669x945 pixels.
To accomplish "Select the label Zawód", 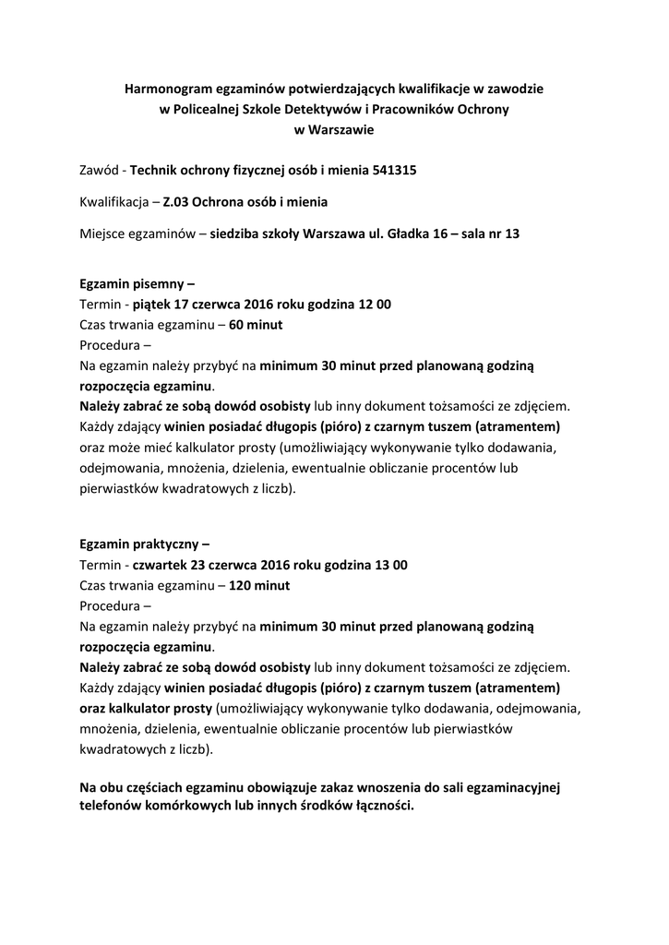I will coord(100,170).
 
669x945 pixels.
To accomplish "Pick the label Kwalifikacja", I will coord(113,201).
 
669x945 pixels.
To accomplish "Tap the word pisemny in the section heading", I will coord(161,285).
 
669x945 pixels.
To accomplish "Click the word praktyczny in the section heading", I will coord(168,544).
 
